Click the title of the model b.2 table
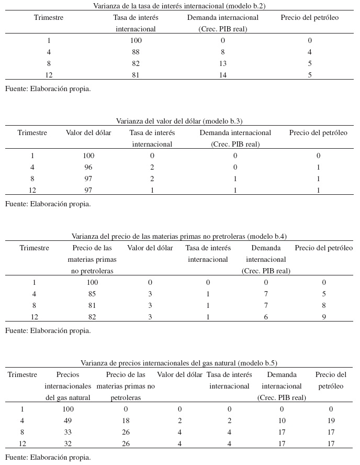pyautogui.click(x=179, y=6)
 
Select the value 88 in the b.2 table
pyautogui.click(x=136, y=52)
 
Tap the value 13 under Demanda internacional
pyautogui.click(x=223, y=63)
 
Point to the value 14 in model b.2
pyautogui.click(x=223, y=75)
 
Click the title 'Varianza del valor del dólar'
pyautogui.click(x=179, y=121)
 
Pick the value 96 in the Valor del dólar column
pyautogui.click(x=88, y=167)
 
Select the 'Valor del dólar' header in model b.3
pyautogui.click(x=88, y=132)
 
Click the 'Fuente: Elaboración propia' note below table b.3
pyautogui.click(x=48, y=204)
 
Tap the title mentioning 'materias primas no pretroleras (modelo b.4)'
pyautogui.click(x=179, y=236)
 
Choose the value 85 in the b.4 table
pyautogui.click(x=92, y=294)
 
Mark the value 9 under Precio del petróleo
pyautogui.click(x=324, y=317)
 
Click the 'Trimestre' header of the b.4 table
pyautogui.click(x=35, y=248)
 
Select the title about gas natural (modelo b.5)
pyautogui.click(x=179, y=363)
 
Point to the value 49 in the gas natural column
pyautogui.click(x=68, y=420)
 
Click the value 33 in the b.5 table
pyautogui.click(x=68, y=432)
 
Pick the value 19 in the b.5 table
pyautogui.click(x=331, y=420)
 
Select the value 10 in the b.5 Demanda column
pyautogui.click(x=282, y=420)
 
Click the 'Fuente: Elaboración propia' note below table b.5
pyautogui.click(x=48, y=457)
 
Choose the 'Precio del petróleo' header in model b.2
pyautogui.click(x=310, y=17)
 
